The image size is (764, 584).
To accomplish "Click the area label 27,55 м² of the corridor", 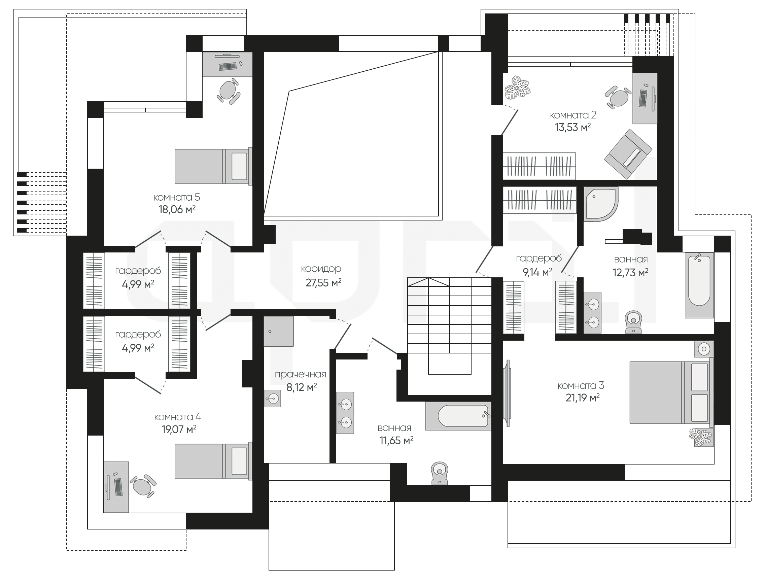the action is point(323,283).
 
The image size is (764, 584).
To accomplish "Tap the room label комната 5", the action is point(177,197).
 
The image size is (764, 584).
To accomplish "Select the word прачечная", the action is point(300,374).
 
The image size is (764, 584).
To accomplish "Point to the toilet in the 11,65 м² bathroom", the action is point(439,473).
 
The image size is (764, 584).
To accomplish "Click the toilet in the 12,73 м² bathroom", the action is point(633,322).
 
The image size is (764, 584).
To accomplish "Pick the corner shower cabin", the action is point(601,204).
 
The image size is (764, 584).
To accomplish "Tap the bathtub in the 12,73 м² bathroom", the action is point(699,285).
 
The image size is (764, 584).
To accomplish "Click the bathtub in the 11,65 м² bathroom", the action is point(458,416).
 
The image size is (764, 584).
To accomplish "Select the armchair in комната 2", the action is point(628,154).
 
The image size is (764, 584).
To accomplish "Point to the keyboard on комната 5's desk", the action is point(228,66).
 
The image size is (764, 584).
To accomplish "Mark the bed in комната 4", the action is point(213,461).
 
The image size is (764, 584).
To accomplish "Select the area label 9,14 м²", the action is point(538,272).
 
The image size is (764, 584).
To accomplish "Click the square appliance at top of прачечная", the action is point(278,331).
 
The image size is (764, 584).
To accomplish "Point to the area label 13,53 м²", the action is point(573,127).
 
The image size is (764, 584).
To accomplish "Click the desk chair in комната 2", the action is point(618,97).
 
